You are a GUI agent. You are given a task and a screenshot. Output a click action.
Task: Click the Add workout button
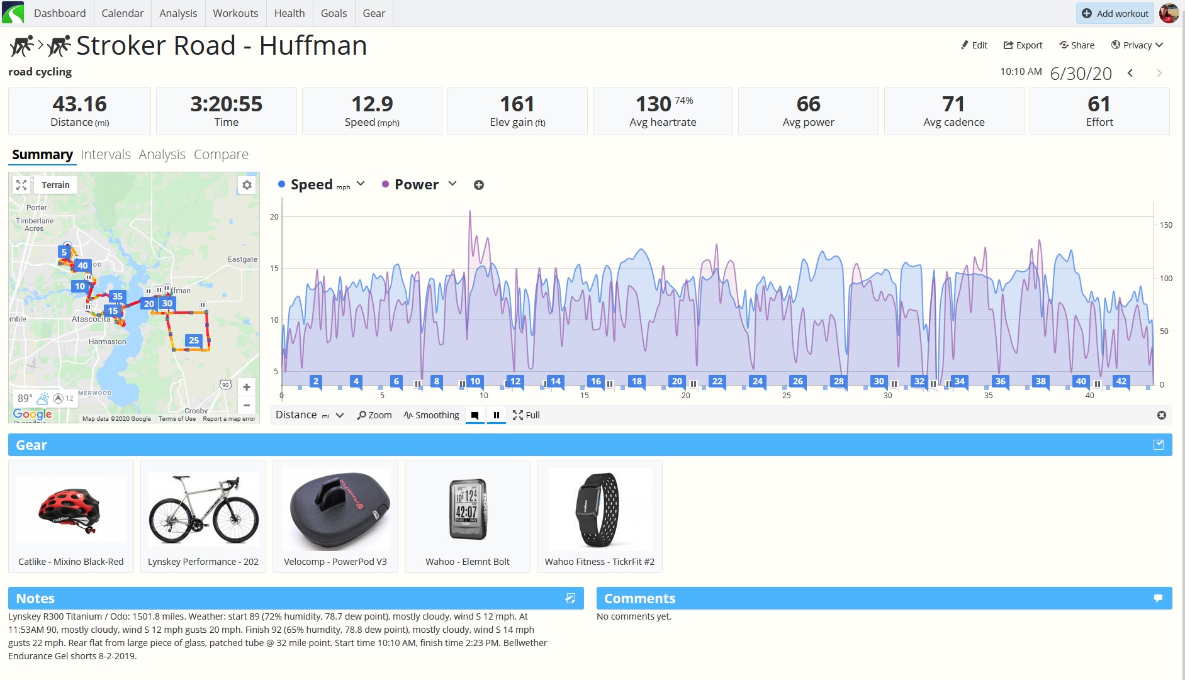pos(1115,13)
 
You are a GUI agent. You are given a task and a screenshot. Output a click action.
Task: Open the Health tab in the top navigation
pos(289,13)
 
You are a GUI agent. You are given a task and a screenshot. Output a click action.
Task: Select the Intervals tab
pos(106,155)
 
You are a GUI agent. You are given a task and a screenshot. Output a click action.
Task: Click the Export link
pos(1023,45)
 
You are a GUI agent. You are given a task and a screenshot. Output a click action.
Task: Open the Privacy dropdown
pos(1137,45)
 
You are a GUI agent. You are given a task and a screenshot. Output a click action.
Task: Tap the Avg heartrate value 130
pos(653,104)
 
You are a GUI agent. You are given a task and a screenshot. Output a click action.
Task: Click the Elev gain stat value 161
pos(517,104)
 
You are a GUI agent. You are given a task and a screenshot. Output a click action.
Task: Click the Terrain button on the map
pos(55,185)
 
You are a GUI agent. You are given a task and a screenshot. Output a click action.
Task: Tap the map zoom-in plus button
pos(247,387)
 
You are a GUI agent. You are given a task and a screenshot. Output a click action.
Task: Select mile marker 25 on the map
pos(194,340)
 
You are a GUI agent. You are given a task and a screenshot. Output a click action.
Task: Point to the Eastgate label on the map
pos(242,259)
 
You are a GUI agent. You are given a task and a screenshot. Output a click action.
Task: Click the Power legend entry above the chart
pos(417,184)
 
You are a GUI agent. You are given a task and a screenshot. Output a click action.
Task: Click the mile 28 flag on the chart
pos(838,381)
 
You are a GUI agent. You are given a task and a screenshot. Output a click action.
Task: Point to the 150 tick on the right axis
pos(1166,225)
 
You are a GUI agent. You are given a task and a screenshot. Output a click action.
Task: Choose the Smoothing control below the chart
pos(431,415)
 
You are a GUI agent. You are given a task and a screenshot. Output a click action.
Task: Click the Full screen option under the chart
pos(526,415)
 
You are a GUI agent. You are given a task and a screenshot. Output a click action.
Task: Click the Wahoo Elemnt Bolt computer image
pos(468,510)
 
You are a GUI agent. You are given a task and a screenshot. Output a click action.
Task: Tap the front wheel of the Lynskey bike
pos(235,518)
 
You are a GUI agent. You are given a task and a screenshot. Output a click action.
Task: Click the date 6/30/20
pos(1081,74)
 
